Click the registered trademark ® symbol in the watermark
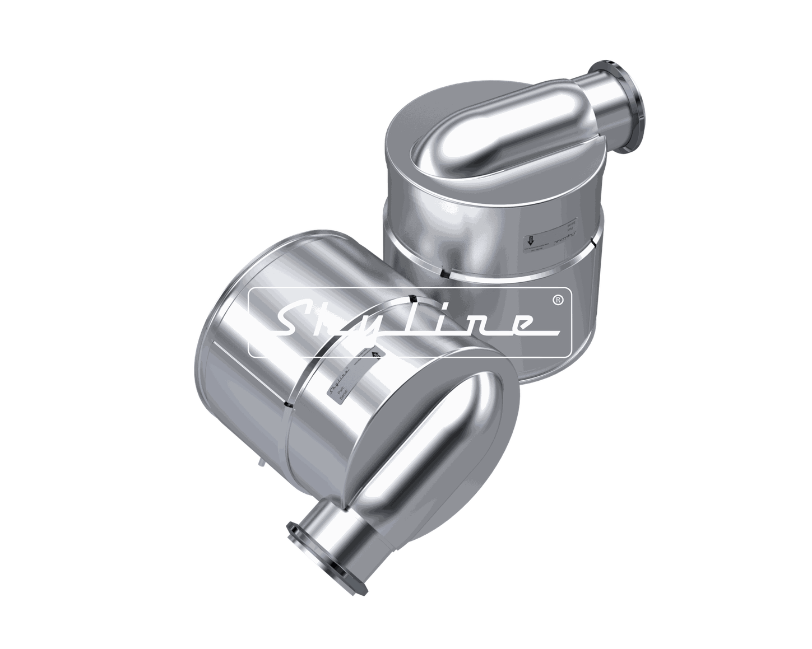[558, 301]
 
